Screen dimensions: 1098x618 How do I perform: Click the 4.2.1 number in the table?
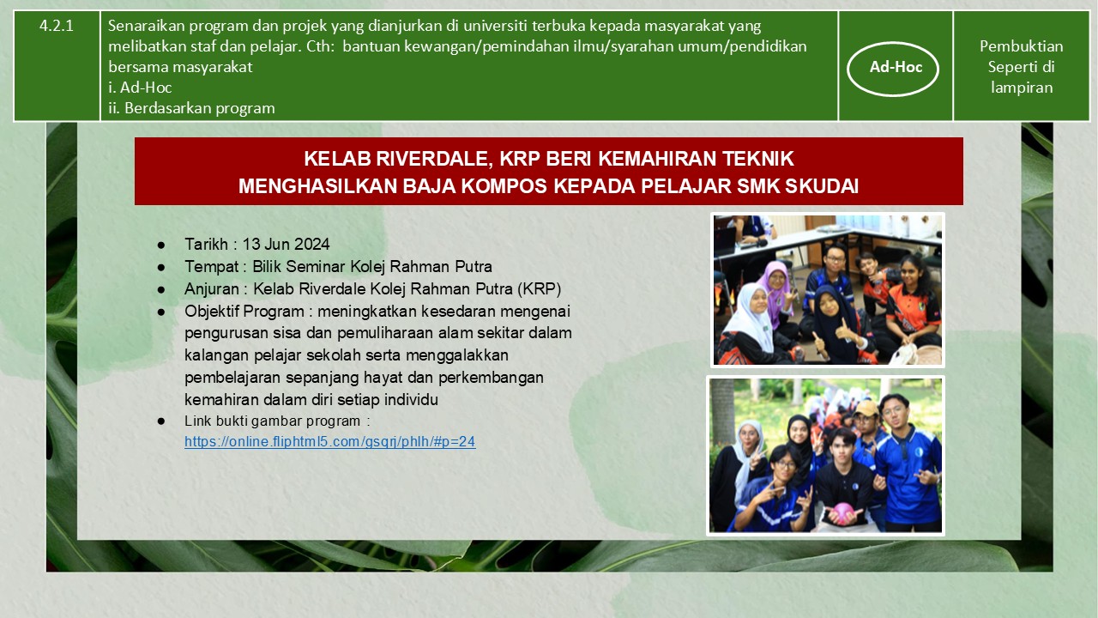coord(57,26)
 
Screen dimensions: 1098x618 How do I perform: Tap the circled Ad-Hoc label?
coord(896,67)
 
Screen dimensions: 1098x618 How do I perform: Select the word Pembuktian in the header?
coord(1021,46)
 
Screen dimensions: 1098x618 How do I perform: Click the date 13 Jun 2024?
coord(286,244)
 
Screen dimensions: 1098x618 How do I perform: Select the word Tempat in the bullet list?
coord(211,266)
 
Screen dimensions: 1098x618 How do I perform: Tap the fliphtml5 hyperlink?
coord(330,441)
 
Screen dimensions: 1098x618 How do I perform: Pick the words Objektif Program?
coord(244,311)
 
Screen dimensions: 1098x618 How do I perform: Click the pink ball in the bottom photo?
coord(842,513)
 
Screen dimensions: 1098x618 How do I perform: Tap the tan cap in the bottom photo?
coord(866,408)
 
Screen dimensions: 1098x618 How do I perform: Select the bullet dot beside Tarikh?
coord(161,245)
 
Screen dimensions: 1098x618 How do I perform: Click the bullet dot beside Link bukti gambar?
coord(161,421)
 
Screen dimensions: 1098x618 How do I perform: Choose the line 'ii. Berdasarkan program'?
coord(191,108)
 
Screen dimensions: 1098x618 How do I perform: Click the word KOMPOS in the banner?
coord(505,186)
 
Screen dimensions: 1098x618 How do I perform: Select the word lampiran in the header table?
coord(1022,88)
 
